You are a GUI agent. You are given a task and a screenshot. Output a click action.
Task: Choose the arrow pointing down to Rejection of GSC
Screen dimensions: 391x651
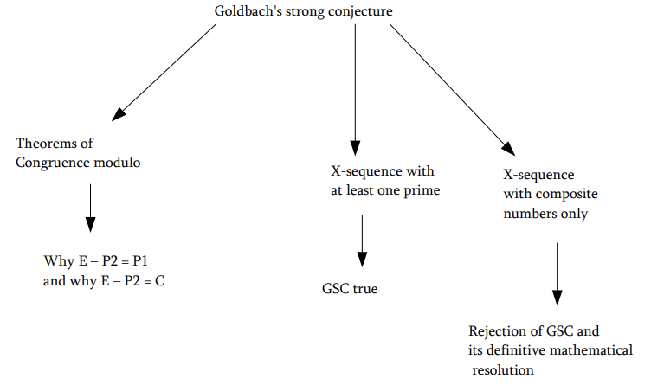coord(557,272)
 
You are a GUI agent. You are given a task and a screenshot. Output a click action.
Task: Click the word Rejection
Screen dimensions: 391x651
coord(497,331)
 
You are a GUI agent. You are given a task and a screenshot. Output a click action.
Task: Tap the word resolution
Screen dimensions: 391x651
coord(503,369)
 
